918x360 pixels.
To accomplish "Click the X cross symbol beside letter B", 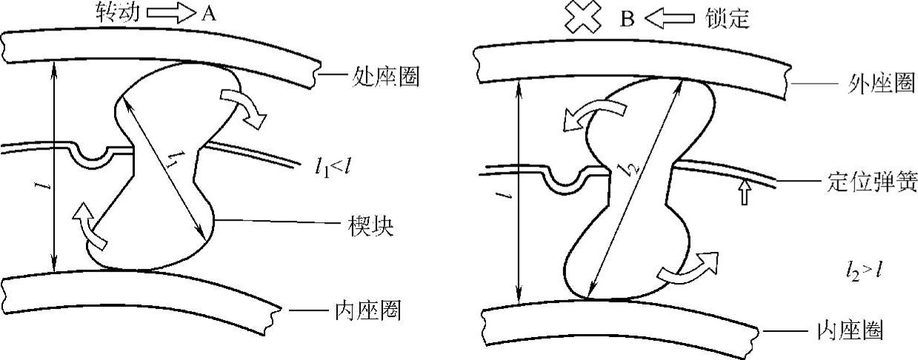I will [582, 17].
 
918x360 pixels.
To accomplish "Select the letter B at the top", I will [626, 18].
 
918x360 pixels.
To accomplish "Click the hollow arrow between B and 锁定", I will [668, 17].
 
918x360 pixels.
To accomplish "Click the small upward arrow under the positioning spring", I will [745, 193].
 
